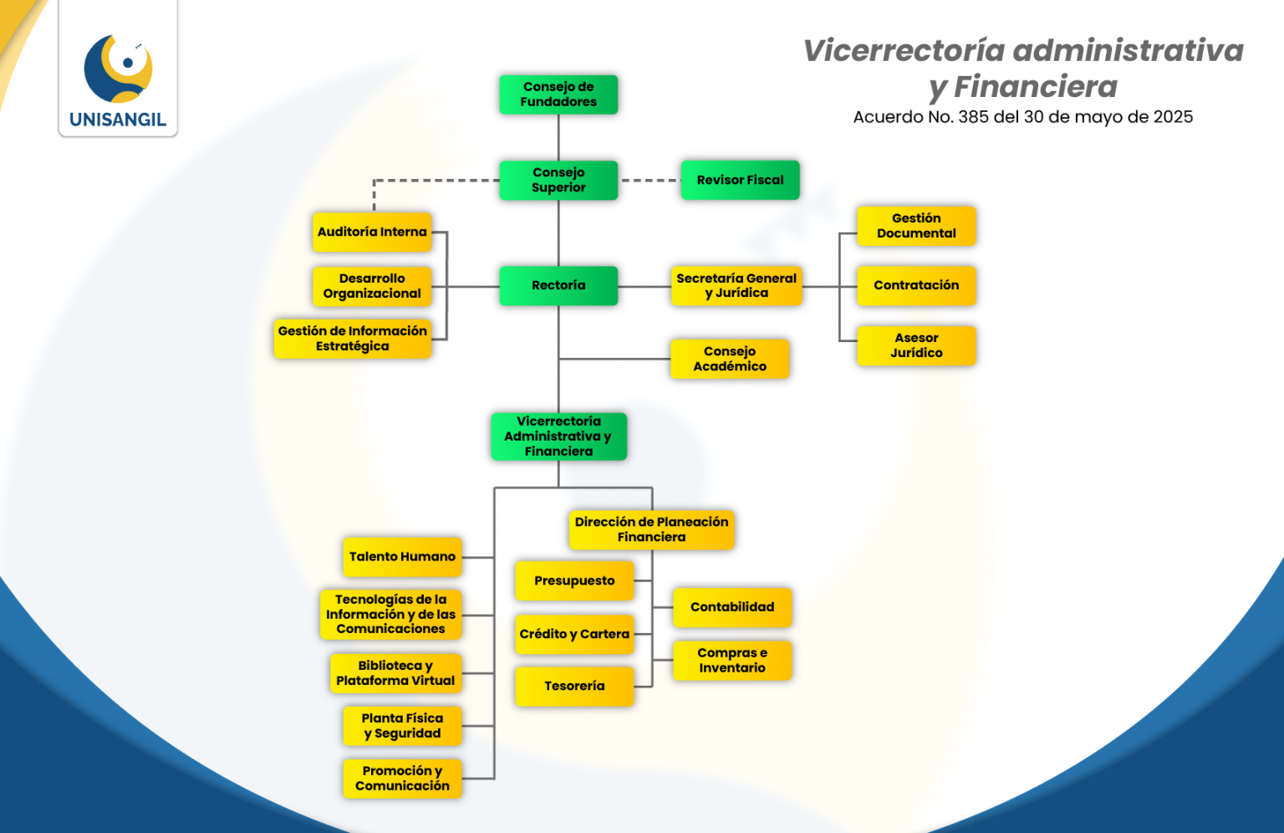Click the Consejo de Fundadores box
click(558, 95)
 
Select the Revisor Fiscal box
click(740, 180)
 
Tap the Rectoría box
click(558, 285)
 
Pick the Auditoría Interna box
click(372, 232)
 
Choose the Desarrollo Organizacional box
click(372, 286)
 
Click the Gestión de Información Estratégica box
click(352, 339)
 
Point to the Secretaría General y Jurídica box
click(736, 285)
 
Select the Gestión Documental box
click(916, 226)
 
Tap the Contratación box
click(916, 285)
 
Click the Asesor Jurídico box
click(916, 345)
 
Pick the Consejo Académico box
click(729, 359)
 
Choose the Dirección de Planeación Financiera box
click(651, 529)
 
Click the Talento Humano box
click(402, 557)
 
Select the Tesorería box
click(574, 686)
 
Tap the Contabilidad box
click(732, 607)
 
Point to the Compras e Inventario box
click(732, 660)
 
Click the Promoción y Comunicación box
click(402, 778)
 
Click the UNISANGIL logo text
click(118, 120)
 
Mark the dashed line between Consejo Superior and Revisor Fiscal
click(650, 180)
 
